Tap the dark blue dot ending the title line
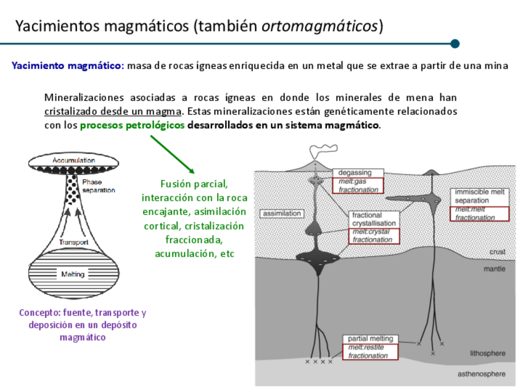455,44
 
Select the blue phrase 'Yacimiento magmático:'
68,66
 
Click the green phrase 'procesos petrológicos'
132,125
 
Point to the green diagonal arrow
173,154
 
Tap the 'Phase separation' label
99,186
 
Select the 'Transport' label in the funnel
73,242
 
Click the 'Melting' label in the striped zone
72,274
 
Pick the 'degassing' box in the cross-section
356,173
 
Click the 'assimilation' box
282,214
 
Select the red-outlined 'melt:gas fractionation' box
358,186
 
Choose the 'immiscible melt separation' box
480,196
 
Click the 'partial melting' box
369,339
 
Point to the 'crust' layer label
497,252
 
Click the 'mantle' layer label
495,269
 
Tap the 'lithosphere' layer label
487,353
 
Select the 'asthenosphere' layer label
481,374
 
